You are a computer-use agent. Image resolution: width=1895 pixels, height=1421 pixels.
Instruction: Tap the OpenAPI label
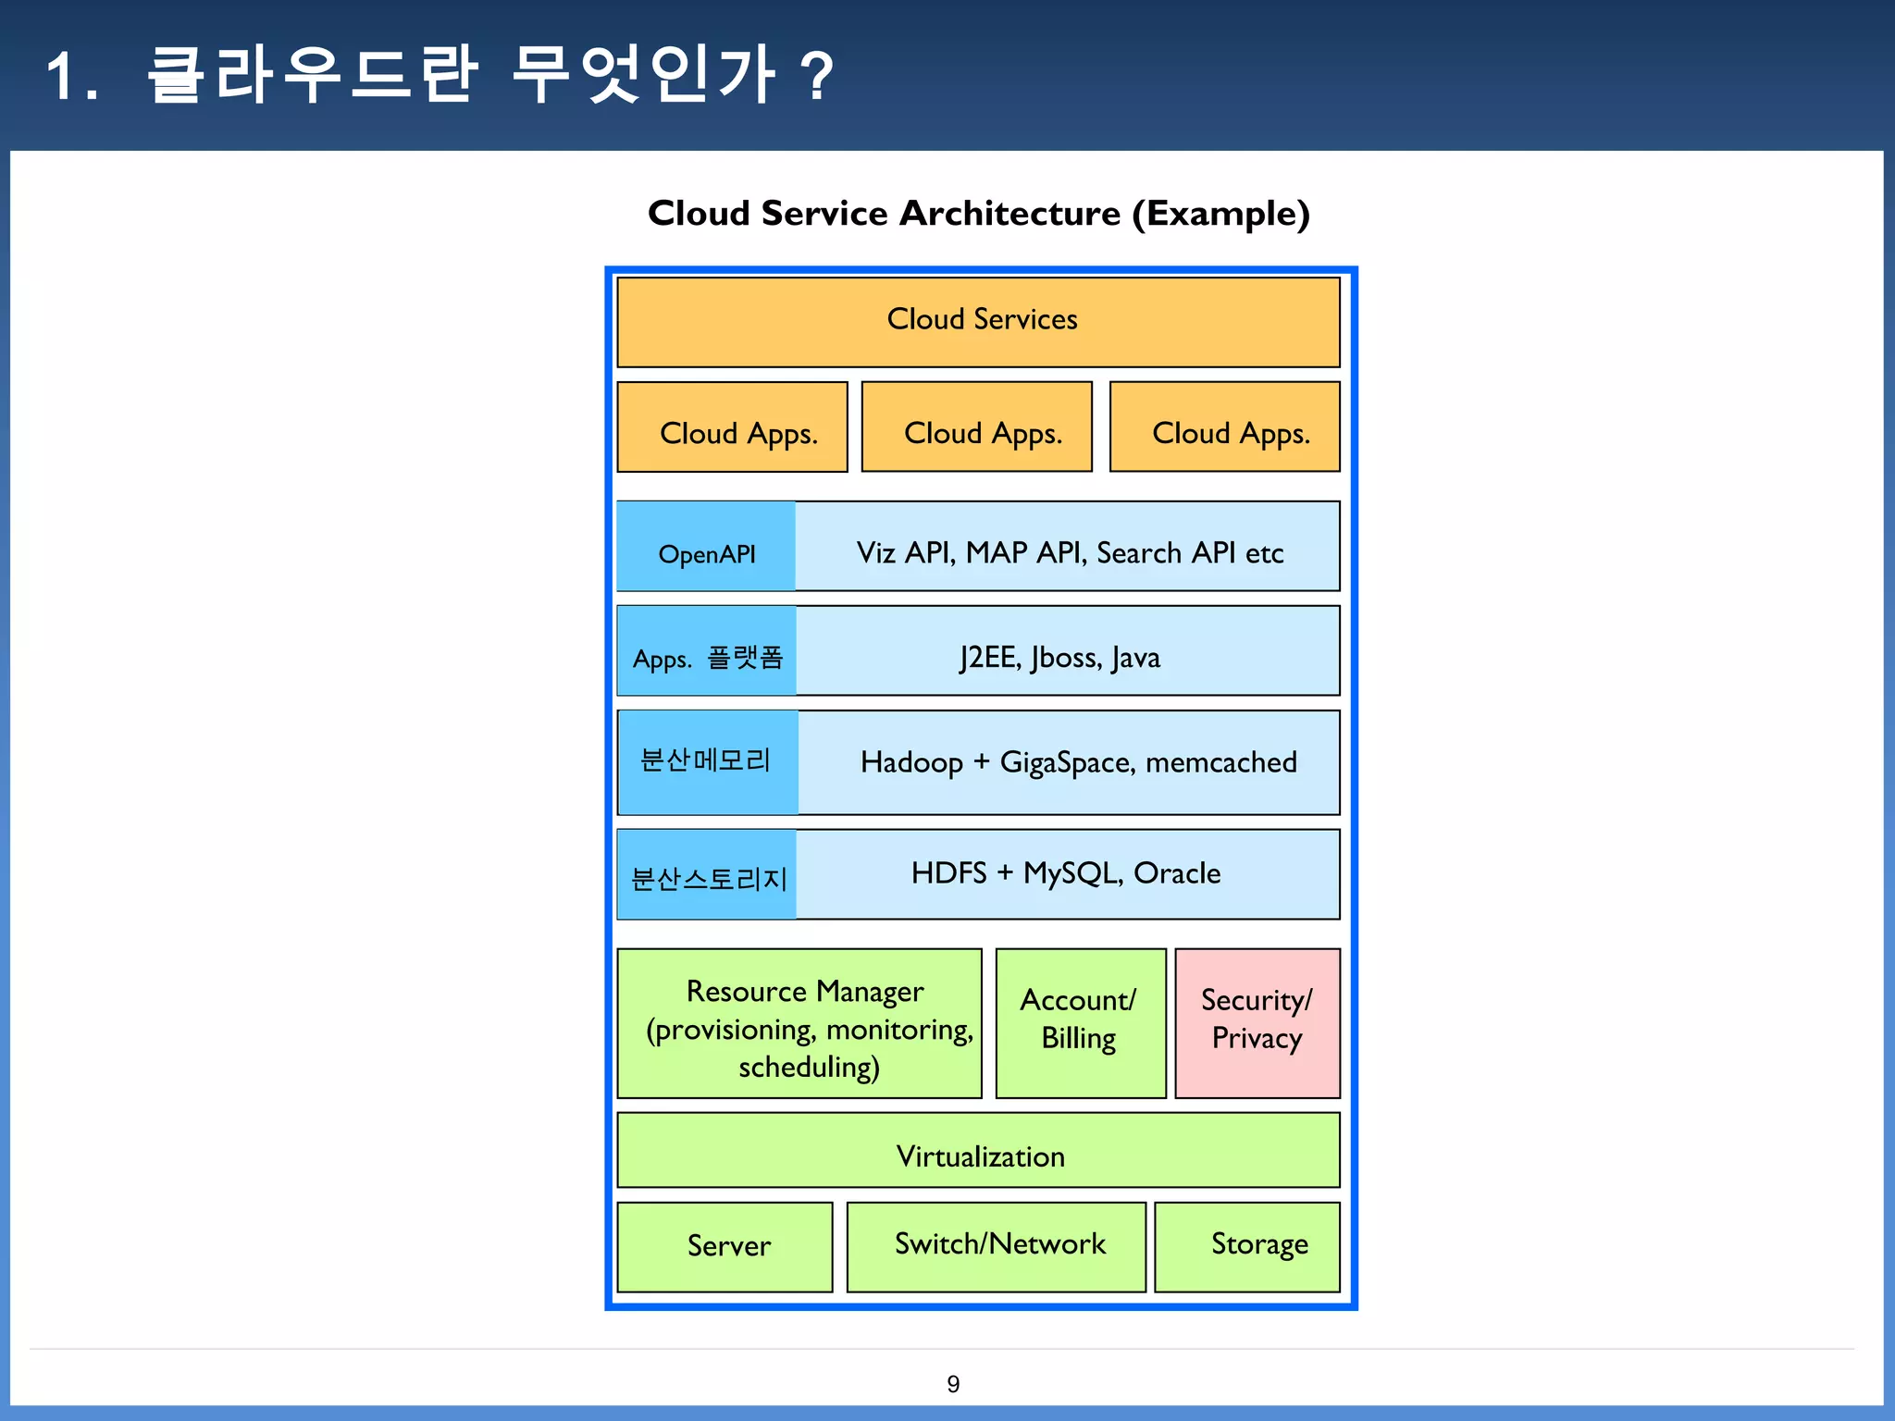coord(706,553)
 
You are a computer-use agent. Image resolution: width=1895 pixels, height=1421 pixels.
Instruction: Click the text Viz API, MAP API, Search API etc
coord(1069,552)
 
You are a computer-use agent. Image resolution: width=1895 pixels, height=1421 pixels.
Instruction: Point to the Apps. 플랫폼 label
coord(707,658)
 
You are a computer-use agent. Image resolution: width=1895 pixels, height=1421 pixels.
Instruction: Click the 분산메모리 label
coord(706,760)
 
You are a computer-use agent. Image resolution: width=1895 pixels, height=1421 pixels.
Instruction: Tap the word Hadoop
coord(911,762)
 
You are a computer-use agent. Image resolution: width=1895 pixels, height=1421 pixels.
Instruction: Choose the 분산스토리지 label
coord(708,878)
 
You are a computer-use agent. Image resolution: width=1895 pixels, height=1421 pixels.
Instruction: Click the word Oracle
coord(1176,873)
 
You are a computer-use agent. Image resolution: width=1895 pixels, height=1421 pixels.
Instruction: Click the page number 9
coord(953,1384)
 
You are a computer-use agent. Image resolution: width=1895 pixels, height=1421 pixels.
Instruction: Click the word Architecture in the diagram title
coord(1009,214)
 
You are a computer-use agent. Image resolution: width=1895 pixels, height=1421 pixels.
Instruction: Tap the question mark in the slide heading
coord(817,77)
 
